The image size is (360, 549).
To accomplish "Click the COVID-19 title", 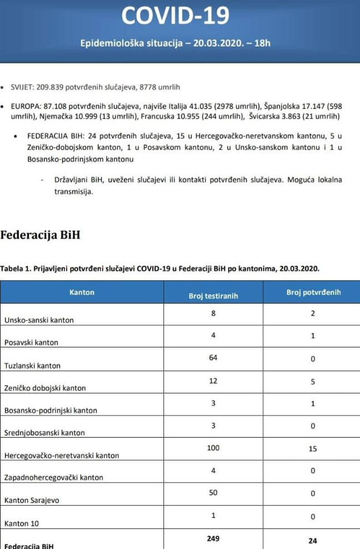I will point(174,15).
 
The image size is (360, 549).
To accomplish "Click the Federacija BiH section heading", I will point(40,235).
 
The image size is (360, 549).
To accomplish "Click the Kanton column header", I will point(82,292).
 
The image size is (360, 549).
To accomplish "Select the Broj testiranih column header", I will point(213,296).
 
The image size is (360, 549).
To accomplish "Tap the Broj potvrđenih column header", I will point(313,292).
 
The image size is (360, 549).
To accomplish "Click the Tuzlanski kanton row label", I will point(32,366).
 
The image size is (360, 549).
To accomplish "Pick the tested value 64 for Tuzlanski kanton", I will point(213,358).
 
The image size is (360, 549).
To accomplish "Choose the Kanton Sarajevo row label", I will point(32,500).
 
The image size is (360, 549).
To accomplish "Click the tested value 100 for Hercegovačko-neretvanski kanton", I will point(213,447).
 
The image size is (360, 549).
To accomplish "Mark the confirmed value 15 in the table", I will point(313,449).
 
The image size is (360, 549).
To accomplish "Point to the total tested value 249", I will point(213,538).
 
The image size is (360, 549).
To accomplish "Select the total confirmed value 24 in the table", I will point(313,541).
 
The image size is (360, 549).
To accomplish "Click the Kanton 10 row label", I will point(22,523).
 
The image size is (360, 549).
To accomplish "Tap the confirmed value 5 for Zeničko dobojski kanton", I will point(313,381).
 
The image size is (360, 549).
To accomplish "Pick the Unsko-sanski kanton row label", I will point(39,320).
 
